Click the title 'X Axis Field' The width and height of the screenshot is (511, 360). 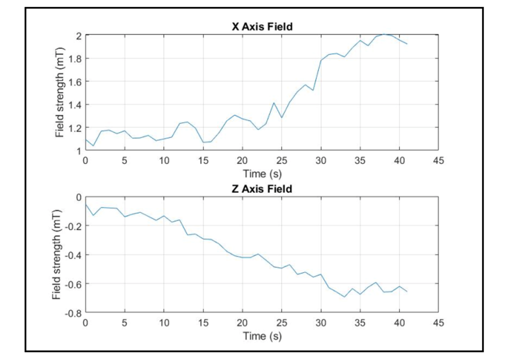[x=262, y=27]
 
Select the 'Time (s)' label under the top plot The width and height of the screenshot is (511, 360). [x=262, y=173]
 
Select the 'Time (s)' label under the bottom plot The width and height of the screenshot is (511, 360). [x=262, y=336]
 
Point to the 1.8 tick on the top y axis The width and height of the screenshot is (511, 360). [x=74, y=58]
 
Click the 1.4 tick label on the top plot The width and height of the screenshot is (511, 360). [x=74, y=104]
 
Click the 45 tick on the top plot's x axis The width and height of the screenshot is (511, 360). [x=438, y=161]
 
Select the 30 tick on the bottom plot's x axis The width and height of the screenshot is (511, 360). [x=320, y=323]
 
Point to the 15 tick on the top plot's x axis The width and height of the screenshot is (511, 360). [x=203, y=161]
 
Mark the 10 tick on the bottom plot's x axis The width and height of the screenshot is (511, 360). [x=163, y=323]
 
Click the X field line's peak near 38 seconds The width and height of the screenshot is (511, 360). [x=384, y=34]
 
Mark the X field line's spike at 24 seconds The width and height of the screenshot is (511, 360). [x=274, y=102]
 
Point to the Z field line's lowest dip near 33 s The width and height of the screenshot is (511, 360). [x=344, y=297]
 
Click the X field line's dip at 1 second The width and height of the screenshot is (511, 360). [x=93, y=146]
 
